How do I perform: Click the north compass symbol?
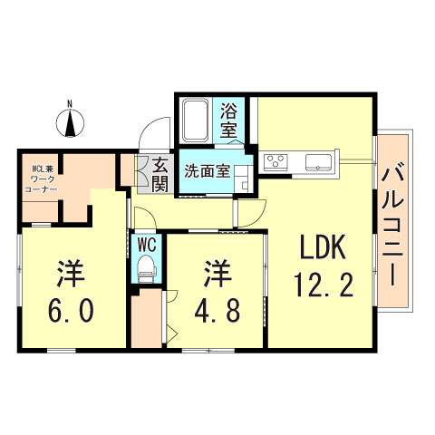point(71,121)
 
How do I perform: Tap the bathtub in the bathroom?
point(197,119)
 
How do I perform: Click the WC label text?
point(145,244)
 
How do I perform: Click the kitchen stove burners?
point(274,163)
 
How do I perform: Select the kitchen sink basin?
point(319,163)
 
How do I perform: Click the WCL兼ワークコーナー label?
point(43,180)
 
